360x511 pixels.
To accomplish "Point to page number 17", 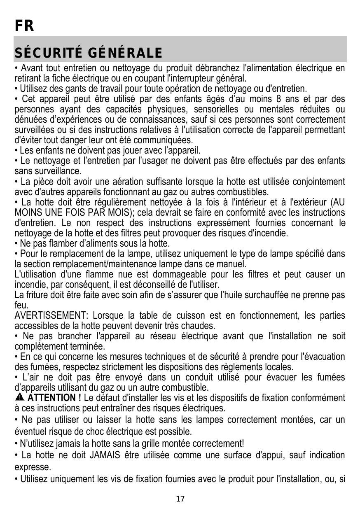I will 180,499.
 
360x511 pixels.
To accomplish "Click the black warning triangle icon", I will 20,398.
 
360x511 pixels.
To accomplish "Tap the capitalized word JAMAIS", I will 103,455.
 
